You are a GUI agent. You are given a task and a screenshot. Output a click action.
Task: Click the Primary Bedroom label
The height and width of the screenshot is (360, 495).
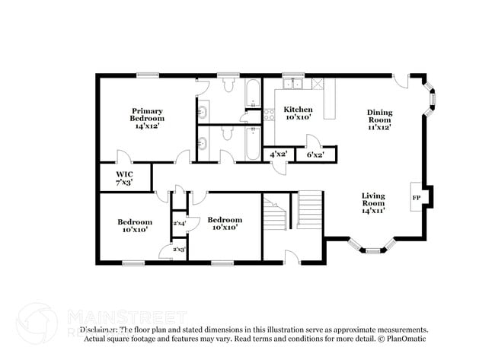[147, 118]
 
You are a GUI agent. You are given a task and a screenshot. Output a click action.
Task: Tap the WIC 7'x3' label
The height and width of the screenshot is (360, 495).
[123, 178]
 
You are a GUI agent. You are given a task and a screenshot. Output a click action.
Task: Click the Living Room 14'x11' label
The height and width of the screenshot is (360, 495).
[372, 202]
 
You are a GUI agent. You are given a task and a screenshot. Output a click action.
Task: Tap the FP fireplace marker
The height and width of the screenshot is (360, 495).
[416, 197]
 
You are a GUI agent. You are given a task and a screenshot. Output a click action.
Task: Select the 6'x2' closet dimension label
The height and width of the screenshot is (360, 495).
[315, 155]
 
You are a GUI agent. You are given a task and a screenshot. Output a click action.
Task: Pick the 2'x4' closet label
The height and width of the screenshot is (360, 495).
[180, 223]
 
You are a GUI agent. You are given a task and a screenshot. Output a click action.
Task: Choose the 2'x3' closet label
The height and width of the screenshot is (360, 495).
[180, 249]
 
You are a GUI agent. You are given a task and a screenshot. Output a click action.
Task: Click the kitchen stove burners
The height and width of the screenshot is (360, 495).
[269, 116]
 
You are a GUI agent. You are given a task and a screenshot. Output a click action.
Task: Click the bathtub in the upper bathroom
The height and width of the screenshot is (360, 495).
[253, 97]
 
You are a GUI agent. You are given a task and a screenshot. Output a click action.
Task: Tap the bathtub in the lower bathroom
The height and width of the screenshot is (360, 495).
[253, 143]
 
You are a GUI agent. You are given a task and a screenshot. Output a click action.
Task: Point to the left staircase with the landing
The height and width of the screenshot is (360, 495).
[275, 212]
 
